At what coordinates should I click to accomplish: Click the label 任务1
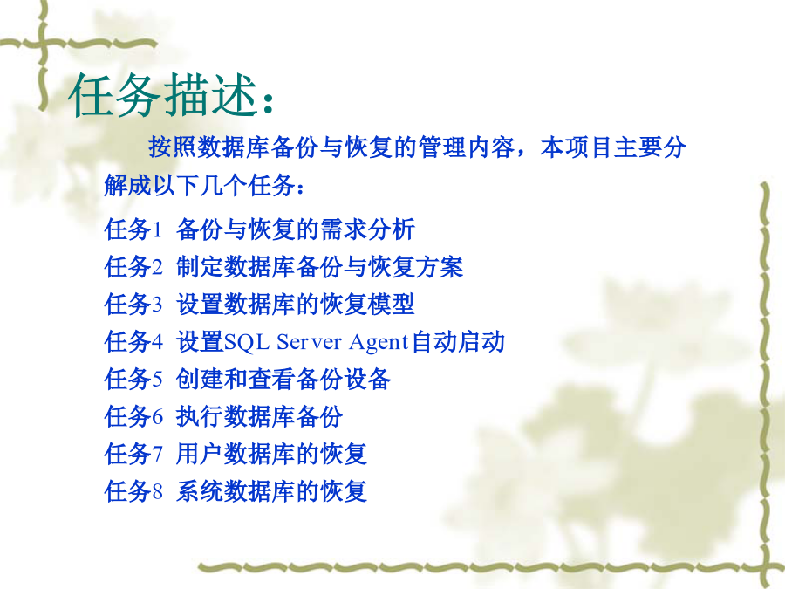coord(133,229)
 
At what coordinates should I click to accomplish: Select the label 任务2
coord(133,266)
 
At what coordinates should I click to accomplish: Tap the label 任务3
coord(133,304)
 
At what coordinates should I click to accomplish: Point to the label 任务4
coord(133,341)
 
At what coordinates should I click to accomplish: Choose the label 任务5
coord(133,379)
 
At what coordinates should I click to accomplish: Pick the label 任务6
coord(133,416)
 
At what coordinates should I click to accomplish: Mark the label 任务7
coord(133,454)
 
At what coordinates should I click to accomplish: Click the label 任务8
coord(133,490)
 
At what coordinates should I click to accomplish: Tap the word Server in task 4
coord(309,342)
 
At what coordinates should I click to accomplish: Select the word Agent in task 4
coord(379,343)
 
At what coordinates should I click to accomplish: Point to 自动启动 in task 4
coord(458,341)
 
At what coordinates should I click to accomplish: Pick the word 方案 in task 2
coord(440,266)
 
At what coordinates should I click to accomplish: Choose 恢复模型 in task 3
coord(367,304)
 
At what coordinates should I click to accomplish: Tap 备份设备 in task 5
coord(344,379)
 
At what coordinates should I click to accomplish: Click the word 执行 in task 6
coord(200,416)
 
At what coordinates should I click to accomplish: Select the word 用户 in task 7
coord(200,454)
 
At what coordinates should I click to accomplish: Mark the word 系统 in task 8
coord(200,490)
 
